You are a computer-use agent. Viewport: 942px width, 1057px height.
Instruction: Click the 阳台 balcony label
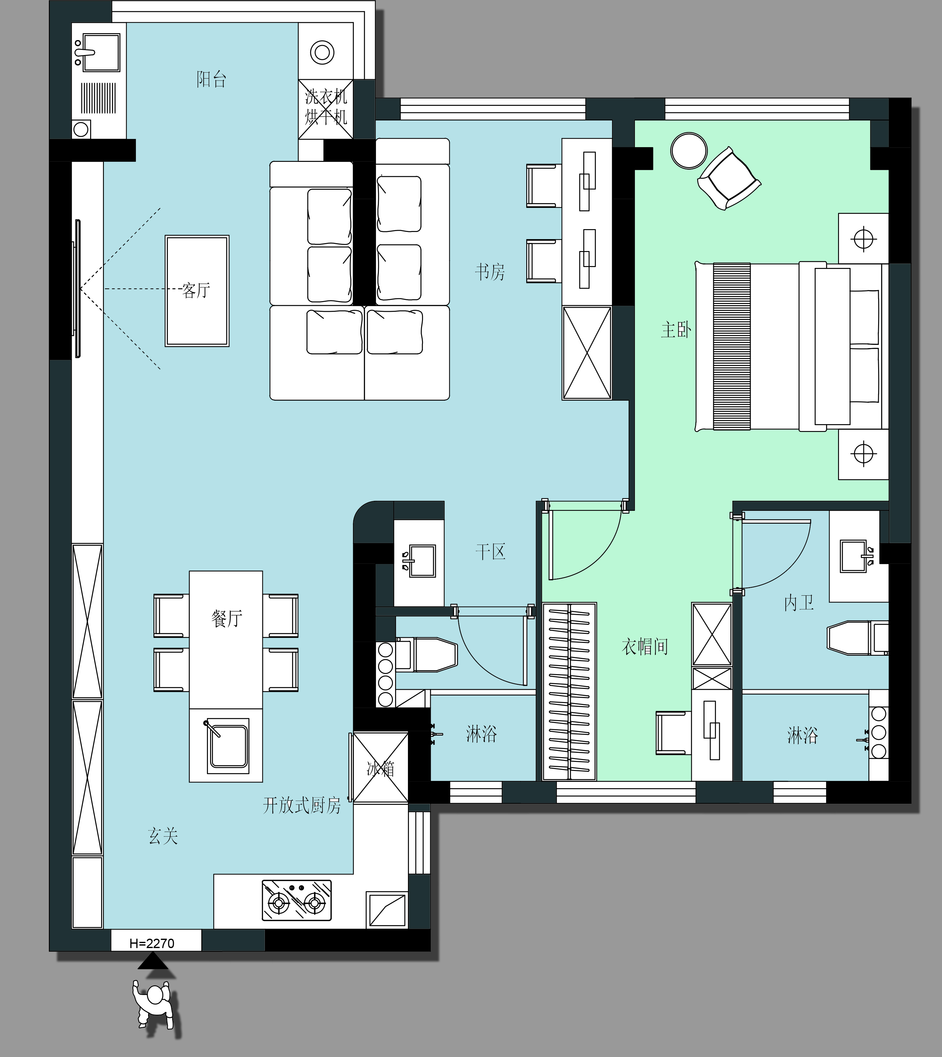point(211,79)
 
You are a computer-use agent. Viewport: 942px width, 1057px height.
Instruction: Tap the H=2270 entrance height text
point(152,943)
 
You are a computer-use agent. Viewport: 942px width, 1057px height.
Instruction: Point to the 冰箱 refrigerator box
point(380,767)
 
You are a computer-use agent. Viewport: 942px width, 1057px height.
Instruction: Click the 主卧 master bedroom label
point(676,330)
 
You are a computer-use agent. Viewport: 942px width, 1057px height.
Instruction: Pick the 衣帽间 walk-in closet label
point(645,646)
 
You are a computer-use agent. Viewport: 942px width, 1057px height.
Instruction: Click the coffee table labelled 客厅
point(197,291)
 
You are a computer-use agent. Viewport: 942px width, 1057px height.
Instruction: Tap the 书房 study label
point(490,272)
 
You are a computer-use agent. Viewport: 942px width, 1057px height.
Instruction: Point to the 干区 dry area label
point(490,552)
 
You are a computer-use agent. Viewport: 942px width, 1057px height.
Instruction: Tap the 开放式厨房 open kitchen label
point(302,805)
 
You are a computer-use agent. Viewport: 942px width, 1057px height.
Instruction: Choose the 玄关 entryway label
point(163,836)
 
